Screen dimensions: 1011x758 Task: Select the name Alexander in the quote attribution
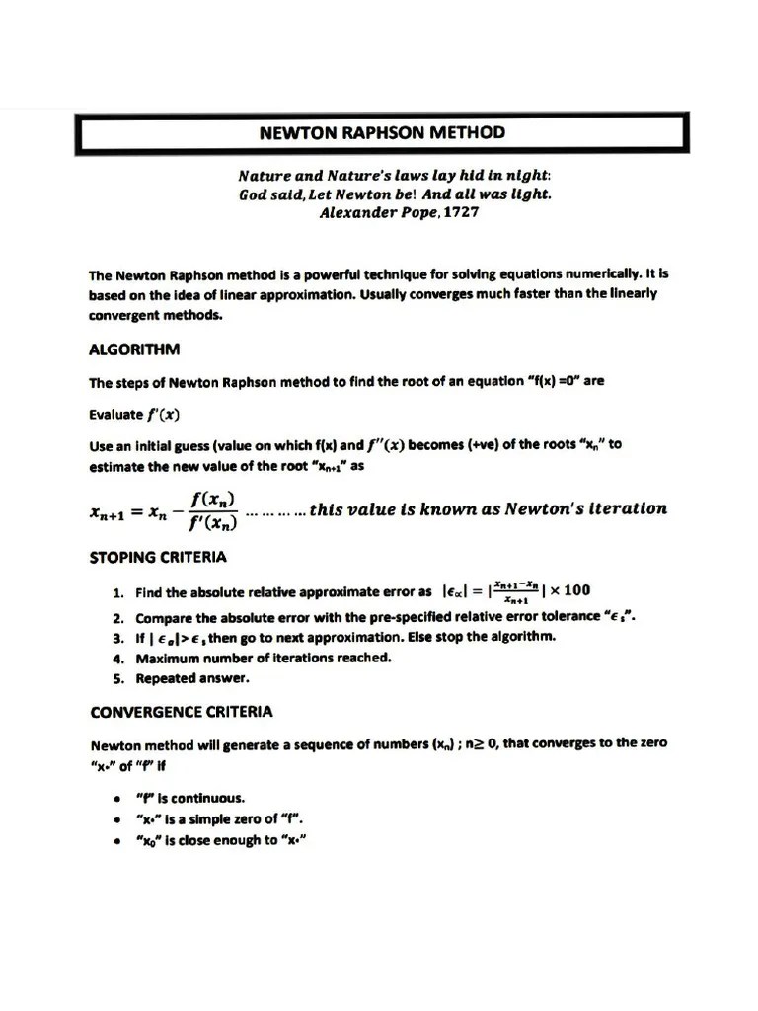point(355,212)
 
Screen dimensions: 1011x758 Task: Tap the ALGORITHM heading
point(134,350)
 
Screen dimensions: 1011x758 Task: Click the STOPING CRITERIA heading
point(158,557)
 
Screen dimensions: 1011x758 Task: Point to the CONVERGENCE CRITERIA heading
point(182,711)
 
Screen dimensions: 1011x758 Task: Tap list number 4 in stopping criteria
point(116,658)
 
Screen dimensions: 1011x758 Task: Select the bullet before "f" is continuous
point(117,798)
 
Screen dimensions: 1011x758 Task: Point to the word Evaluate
point(115,414)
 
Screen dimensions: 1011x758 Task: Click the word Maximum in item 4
point(167,658)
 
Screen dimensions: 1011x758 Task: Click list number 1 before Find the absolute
point(116,593)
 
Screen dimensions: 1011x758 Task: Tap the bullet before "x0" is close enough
point(117,841)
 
